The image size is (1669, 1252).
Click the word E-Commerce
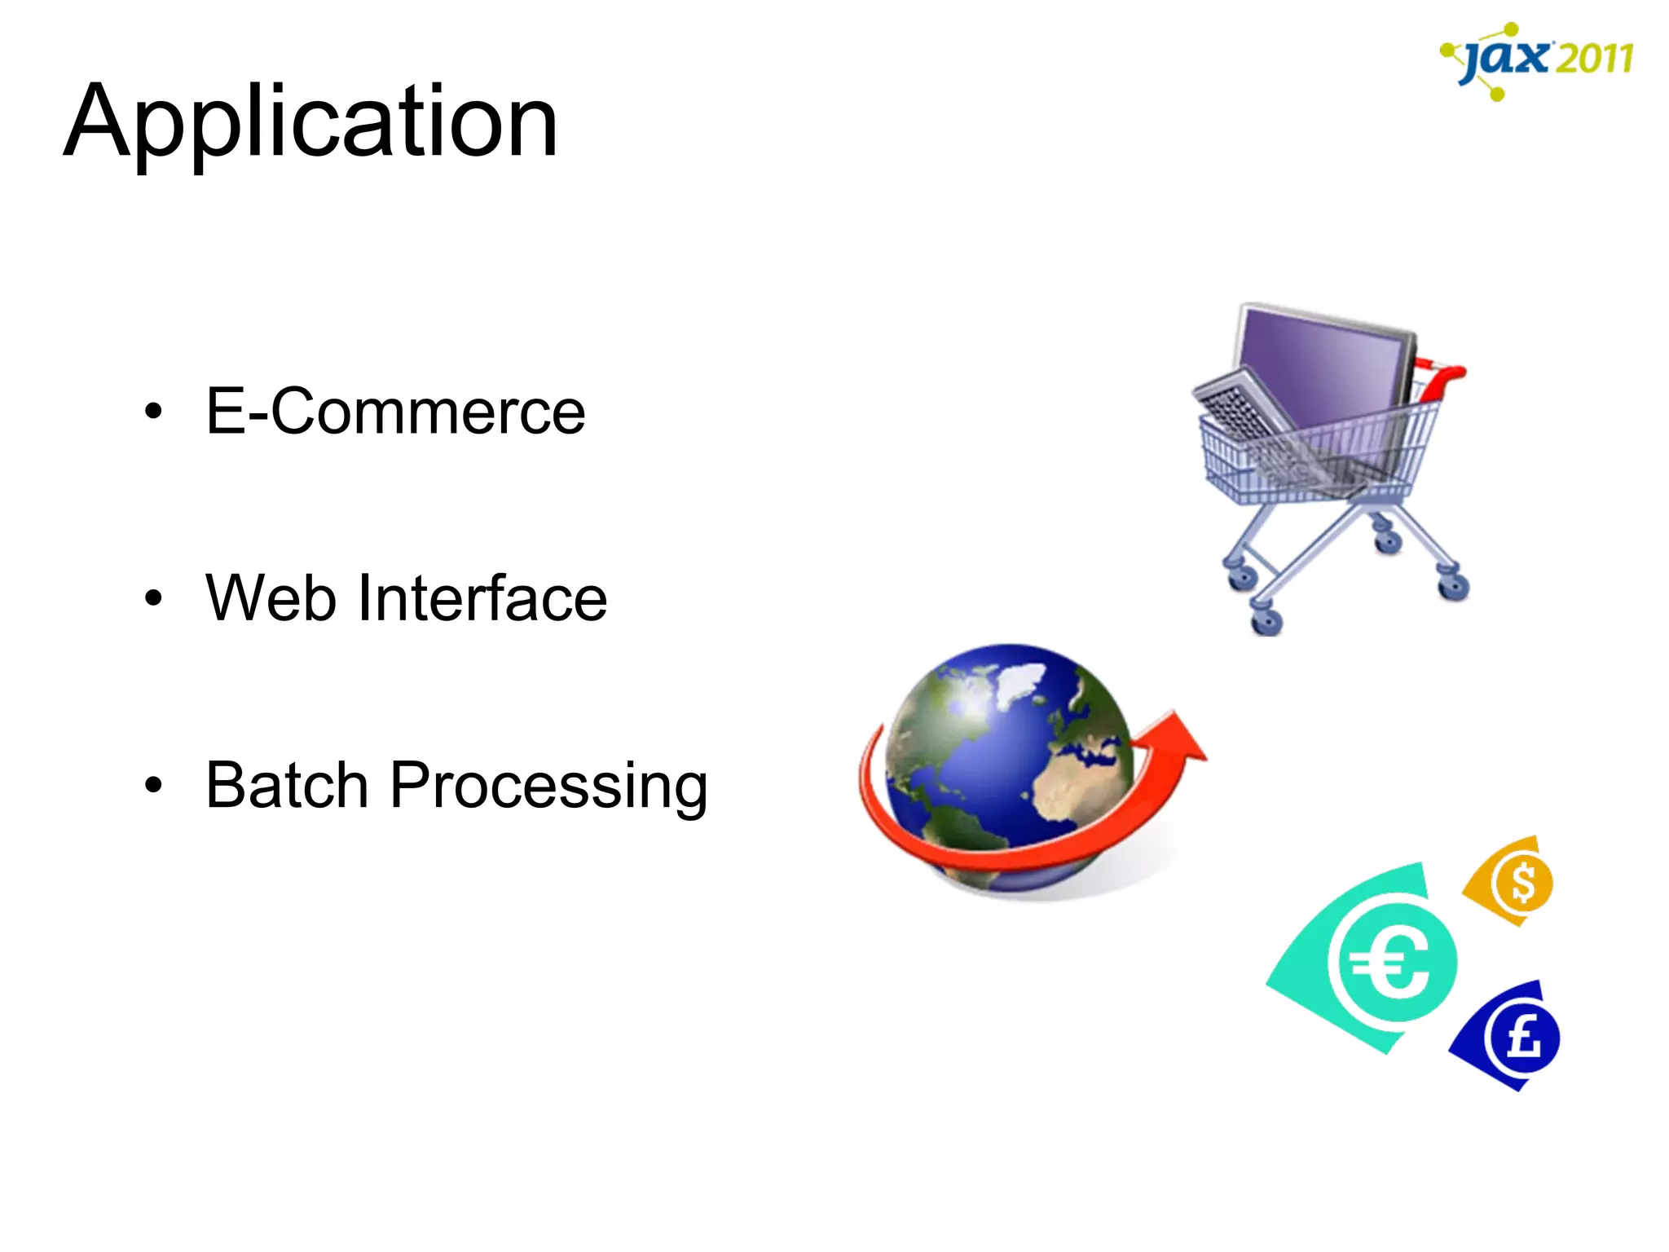(395, 412)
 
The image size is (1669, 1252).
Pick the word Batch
(287, 785)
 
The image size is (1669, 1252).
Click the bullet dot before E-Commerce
(153, 412)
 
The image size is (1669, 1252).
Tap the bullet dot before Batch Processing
(153, 785)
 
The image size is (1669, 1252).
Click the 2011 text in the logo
(1593, 59)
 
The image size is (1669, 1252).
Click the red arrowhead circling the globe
(1174, 738)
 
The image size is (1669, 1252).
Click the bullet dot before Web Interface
(153, 599)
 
